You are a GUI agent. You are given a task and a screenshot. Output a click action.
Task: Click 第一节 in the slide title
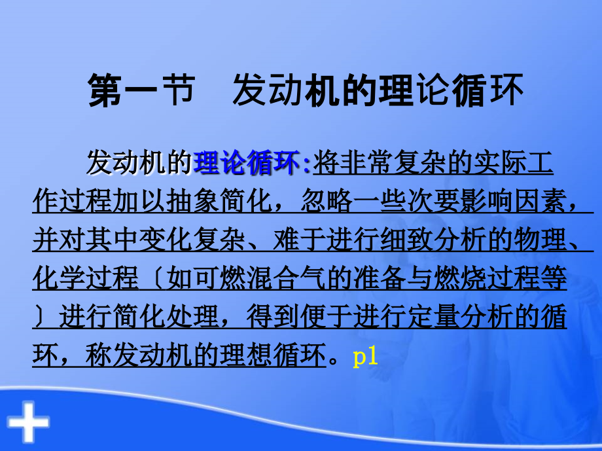click(x=141, y=92)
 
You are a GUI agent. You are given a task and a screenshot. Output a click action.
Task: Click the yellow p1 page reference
click(x=366, y=356)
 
